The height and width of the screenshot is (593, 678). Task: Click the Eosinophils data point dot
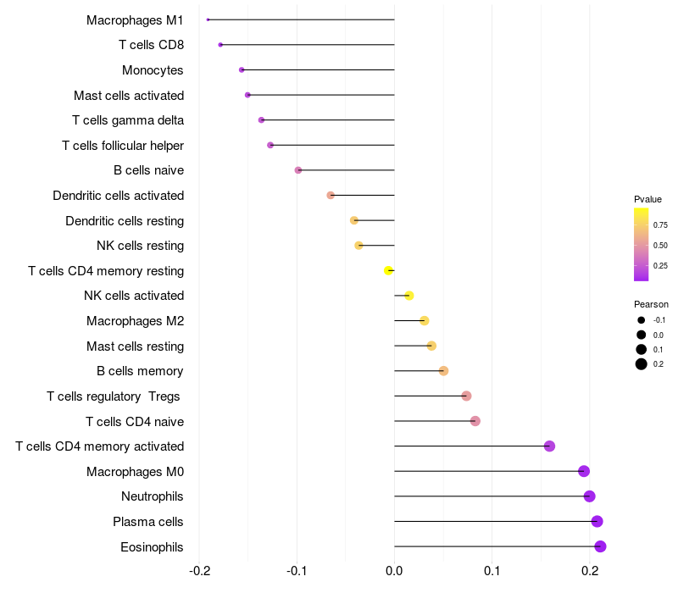(600, 546)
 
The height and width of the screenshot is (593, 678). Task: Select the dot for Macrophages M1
(208, 19)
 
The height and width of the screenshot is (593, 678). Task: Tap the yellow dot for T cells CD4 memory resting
(388, 270)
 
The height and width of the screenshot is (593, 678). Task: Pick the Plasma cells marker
(597, 521)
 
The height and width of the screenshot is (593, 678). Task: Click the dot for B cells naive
(297, 170)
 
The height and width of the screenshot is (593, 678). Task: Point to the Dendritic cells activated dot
(331, 195)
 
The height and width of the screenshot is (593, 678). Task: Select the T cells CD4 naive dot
(475, 421)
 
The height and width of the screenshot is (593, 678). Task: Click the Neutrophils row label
(153, 496)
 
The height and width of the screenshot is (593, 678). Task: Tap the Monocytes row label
(153, 70)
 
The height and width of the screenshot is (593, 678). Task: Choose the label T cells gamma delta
(128, 120)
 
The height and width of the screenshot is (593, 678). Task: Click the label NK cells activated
(134, 296)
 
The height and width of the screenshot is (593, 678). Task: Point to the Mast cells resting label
(136, 346)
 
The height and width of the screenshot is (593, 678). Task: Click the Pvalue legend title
(647, 199)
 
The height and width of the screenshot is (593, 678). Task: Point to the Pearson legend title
(651, 304)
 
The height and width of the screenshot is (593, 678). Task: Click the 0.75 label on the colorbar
(660, 225)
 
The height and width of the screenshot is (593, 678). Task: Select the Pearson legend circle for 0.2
(642, 364)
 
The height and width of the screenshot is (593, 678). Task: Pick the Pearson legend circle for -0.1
(642, 320)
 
